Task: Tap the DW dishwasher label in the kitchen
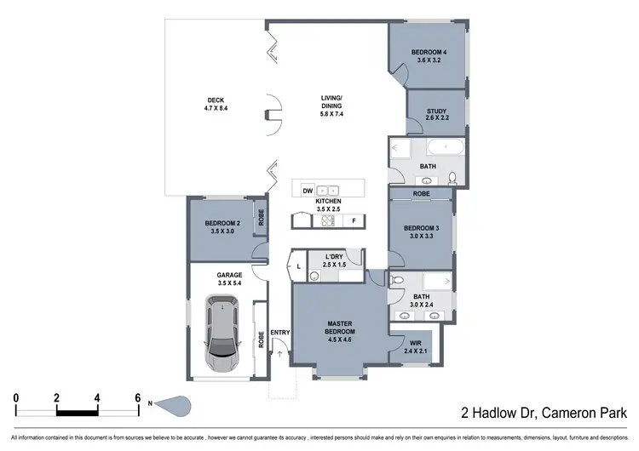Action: [307, 191]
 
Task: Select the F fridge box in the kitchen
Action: [353, 220]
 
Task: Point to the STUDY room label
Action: [435, 110]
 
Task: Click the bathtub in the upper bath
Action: [444, 147]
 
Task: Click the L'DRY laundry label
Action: [333, 256]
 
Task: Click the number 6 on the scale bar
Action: [138, 397]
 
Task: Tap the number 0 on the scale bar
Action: [15, 397]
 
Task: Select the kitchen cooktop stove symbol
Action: [327, 220]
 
